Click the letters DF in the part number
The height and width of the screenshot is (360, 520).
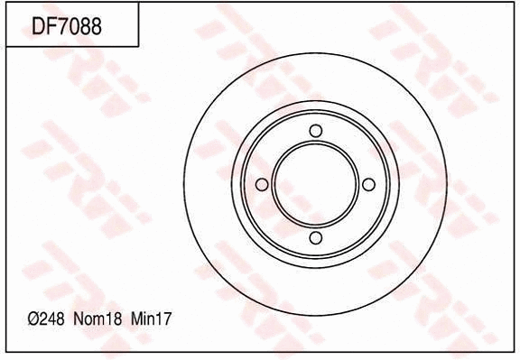[x=44, y=25]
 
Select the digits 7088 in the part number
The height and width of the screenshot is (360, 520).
[x=79, y=25]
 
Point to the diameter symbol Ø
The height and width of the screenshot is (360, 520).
[x=32, y=319]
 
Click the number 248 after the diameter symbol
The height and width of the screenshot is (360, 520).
[x=53, y=319]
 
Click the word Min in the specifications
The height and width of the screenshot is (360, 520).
[x=144, y=319]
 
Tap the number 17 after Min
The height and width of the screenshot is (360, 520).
[x=164, y=319]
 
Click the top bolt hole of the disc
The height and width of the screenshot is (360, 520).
[x=315, y=132]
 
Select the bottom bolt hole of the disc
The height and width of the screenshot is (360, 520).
[x=315, y=238]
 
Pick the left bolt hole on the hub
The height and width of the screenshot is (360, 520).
[x=262, y=185]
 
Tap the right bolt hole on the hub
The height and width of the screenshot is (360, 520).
[x=368, y=185]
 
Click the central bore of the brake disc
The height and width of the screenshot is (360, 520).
[x=315, y=185]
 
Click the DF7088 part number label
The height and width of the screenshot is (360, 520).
[x=67, y=25]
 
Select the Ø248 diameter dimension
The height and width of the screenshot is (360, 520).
[x=47, y=319]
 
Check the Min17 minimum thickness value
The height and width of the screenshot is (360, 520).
[x=152, y=319]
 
